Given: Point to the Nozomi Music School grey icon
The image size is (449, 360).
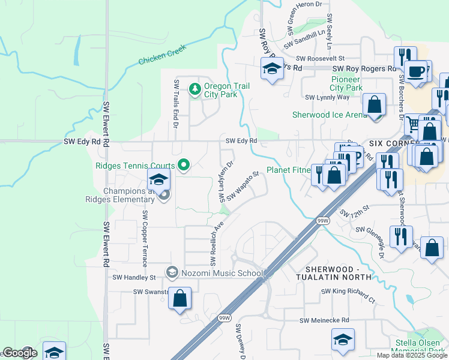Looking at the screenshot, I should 172,273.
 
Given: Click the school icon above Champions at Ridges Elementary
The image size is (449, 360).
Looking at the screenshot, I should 158,179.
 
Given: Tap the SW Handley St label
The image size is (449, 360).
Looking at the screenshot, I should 134,278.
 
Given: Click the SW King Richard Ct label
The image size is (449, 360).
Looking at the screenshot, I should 348,295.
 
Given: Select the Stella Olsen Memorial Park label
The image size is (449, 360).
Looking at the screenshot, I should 417,347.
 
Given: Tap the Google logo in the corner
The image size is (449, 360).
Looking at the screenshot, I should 19,353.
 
